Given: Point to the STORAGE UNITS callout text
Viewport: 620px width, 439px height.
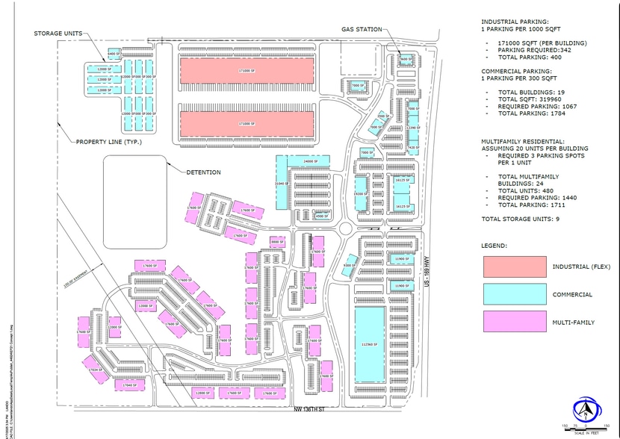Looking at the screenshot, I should (58, 33).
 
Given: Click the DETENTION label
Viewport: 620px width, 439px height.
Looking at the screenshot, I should (204, 172).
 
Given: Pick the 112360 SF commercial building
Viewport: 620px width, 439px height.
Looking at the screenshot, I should (367, 344).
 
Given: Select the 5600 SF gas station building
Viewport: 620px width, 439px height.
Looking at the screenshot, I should (405, 59).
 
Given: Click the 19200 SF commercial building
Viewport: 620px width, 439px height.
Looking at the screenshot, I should (360, 193).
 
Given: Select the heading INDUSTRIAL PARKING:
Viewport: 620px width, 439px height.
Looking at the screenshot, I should (515, 22).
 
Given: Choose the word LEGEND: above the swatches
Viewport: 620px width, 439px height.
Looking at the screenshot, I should (495, 245).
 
